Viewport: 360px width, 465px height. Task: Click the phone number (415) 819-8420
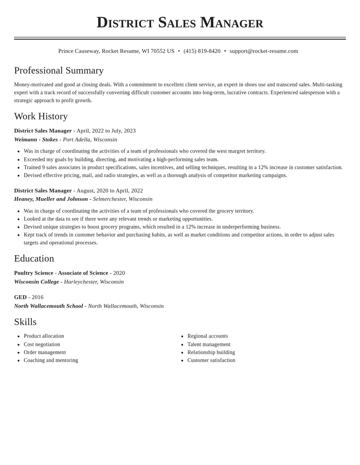tap(202, 51)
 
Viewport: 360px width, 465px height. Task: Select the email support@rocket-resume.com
tap(264, 51)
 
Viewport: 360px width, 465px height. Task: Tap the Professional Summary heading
tap(59, 71)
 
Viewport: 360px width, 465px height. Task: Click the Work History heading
tap(41, 116)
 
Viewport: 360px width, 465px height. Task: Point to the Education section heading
tap(34, 258)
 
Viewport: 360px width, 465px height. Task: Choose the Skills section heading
tap(25, 322)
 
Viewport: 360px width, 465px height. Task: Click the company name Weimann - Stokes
tap(36, 140)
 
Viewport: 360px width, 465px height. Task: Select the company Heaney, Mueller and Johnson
tap(51, 199)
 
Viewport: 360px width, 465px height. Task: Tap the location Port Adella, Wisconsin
tap(90, 140)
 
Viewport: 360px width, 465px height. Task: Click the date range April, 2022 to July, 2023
tap(106, 131)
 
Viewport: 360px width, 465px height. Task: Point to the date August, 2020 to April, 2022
tap(109, 190)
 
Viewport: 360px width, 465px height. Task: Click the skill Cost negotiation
tap(42, 344)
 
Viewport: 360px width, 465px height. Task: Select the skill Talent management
tap(209, 344)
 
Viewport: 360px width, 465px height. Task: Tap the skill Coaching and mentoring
tap(51, 360)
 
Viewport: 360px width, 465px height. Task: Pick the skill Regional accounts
tap(207, 336)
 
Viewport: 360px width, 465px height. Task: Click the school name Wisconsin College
tap(36, 282)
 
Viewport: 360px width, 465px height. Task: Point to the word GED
tap(20, 297)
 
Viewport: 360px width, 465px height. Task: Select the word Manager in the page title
tap(231, 22)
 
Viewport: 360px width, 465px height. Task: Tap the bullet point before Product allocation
tap(18, 337)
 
